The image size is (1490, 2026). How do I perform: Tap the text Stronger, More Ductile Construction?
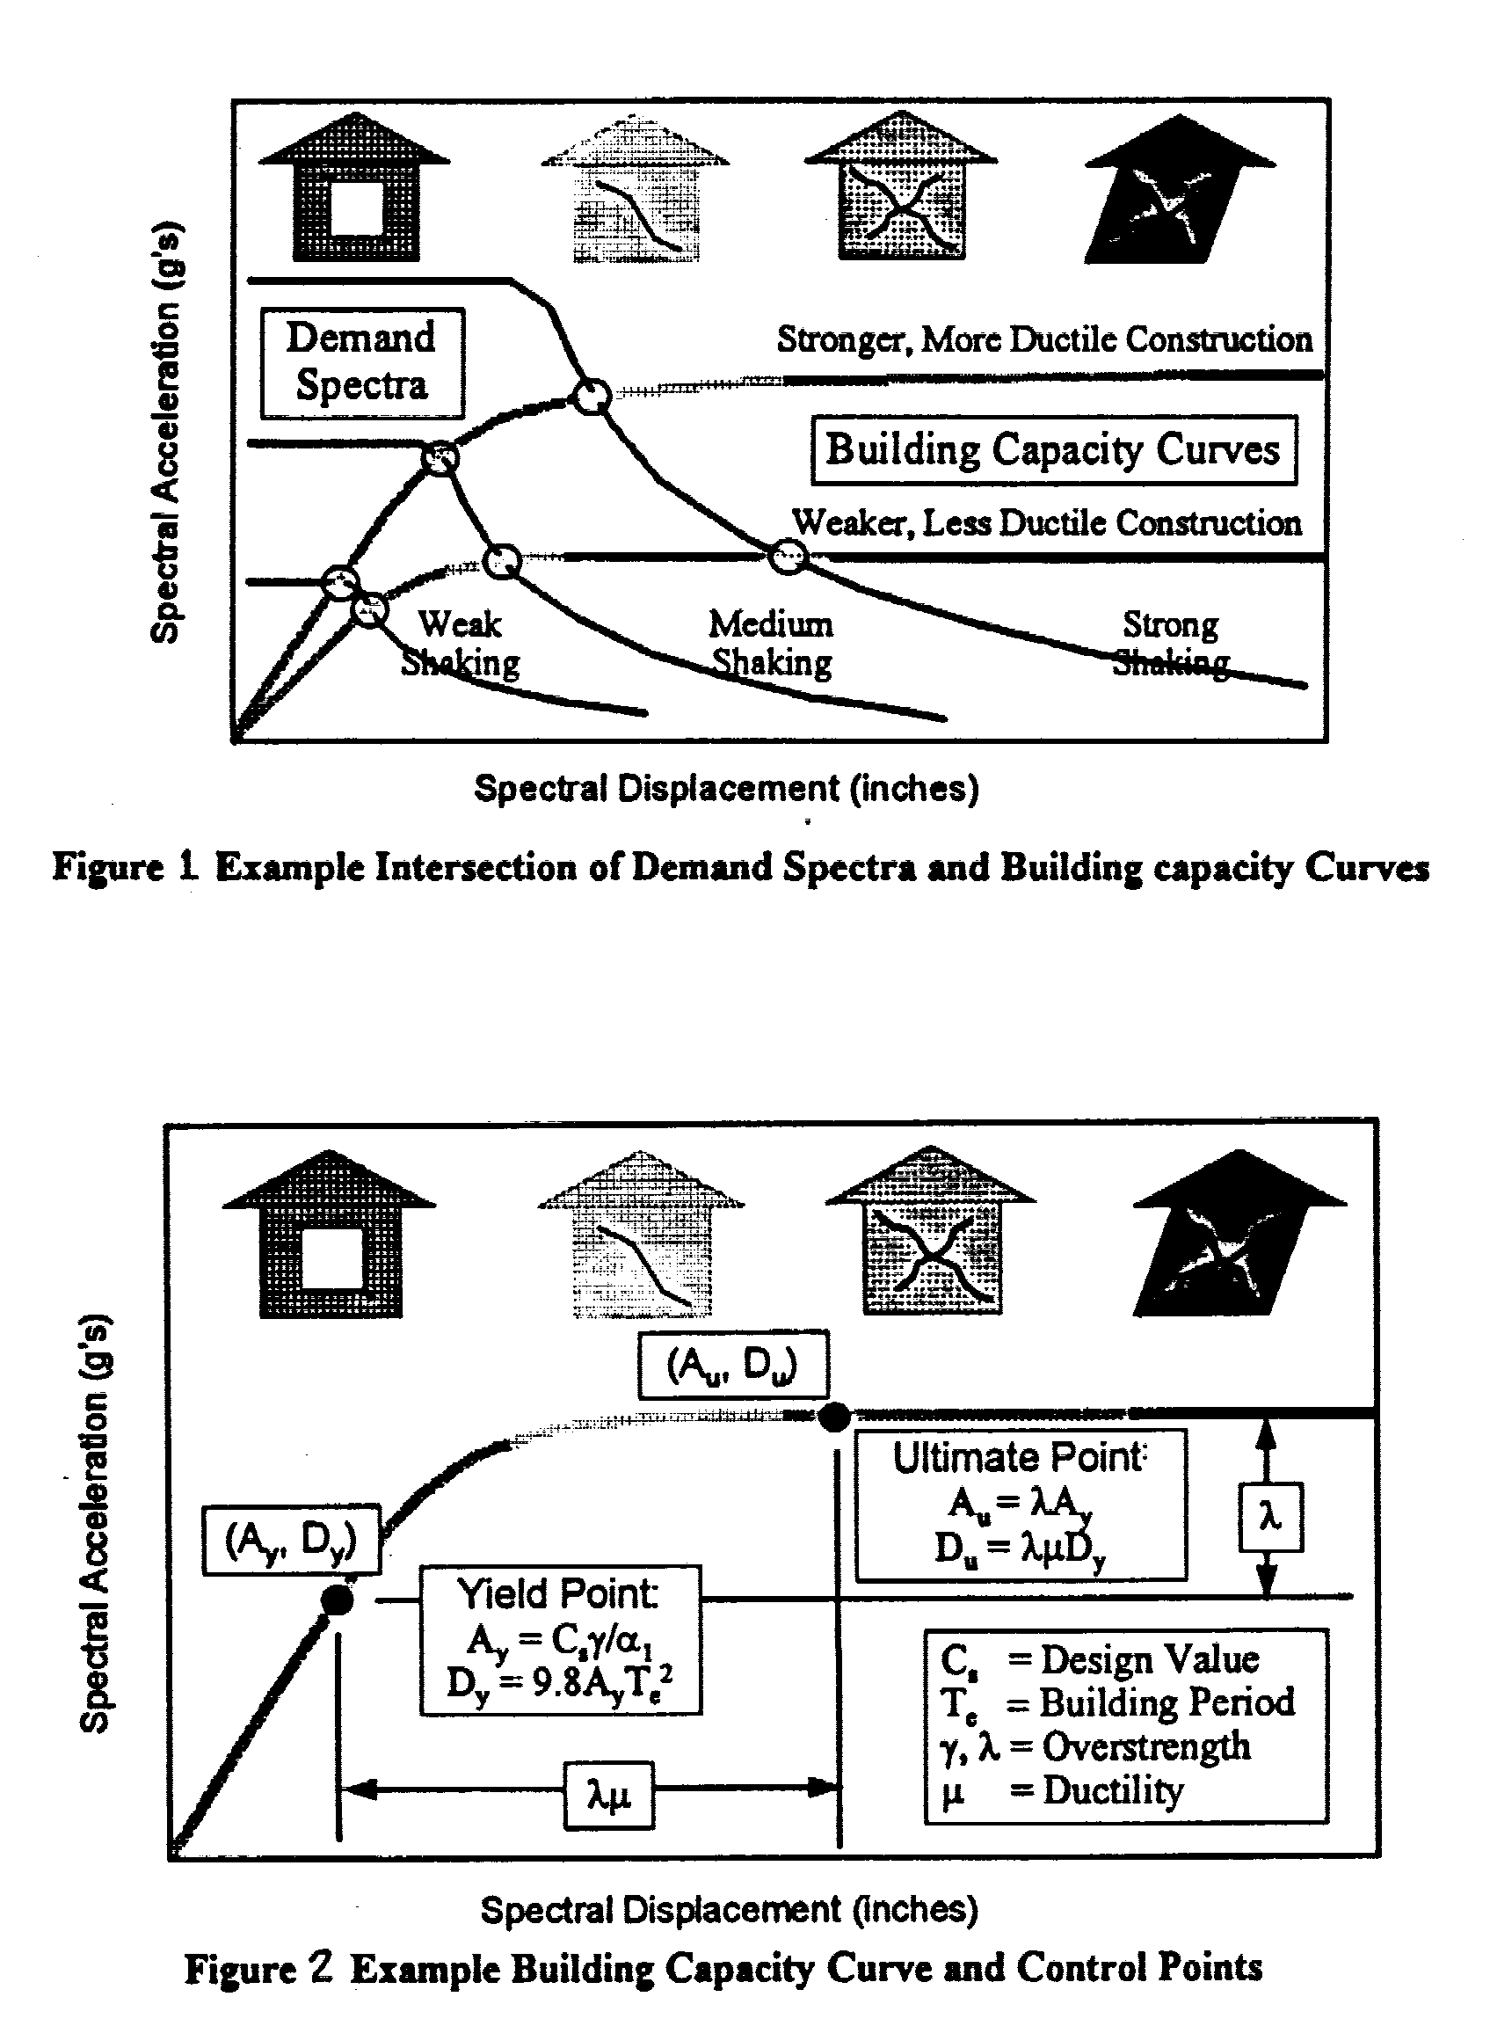[x=1044, y=340]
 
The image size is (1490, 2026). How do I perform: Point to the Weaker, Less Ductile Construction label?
[x=1046, y=523]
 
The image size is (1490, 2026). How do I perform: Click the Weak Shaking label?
[x=460, y=643]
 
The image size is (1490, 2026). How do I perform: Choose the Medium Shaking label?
[x=771, y=643]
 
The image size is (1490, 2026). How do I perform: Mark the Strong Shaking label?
[x=1171, y=643]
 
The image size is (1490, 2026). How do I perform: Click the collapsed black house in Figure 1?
[x=1180, y=187]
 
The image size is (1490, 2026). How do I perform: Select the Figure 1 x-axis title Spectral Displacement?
[x=658, y=789]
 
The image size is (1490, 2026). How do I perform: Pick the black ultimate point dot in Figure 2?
[x=834, y=1417]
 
